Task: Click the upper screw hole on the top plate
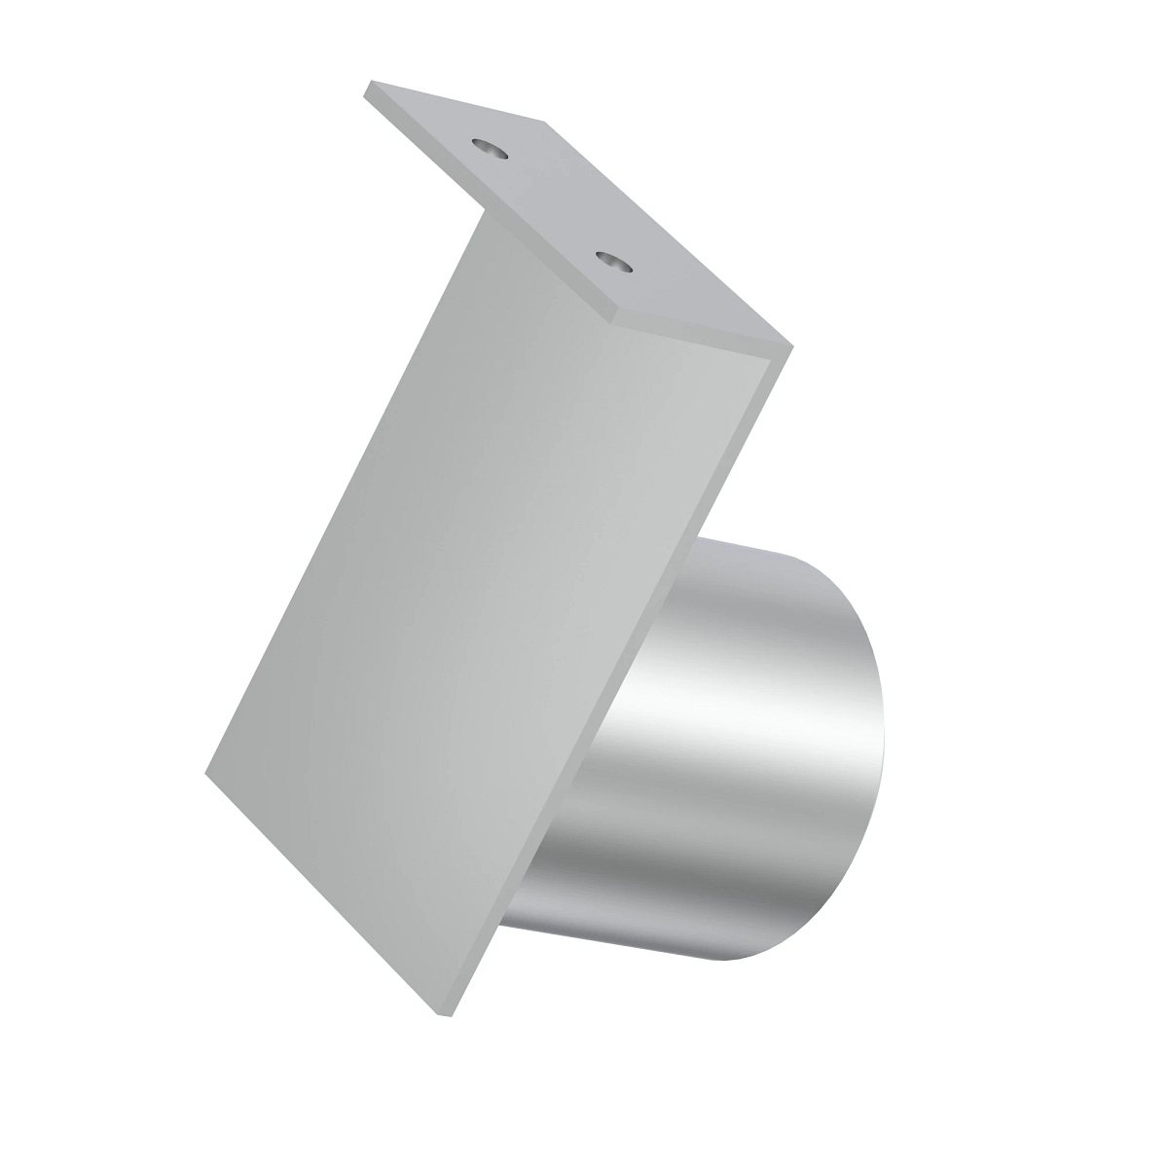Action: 490,149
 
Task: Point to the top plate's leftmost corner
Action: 366,91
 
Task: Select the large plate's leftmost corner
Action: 206,774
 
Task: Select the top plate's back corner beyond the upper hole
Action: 543,124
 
